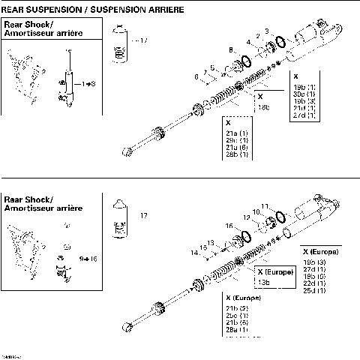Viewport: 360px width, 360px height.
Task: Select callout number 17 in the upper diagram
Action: (x=144, y=40)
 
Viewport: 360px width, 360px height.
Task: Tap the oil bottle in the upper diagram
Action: (x=118, y=45)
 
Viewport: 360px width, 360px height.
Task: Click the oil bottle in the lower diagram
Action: (x=118, y=217)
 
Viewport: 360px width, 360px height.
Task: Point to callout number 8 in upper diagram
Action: (x=231, y=50)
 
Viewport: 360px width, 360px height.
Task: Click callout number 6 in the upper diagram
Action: (x=196, y=76)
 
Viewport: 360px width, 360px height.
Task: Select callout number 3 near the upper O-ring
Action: (x=266, y=31)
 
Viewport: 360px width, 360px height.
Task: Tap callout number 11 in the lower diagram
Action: (x=264, y=205)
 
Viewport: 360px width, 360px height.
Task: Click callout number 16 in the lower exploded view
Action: (x=229, y=225)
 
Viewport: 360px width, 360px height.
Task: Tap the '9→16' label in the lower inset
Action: (x=89, y=258)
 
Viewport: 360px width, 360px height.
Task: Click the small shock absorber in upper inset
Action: (x=70, y=75)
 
